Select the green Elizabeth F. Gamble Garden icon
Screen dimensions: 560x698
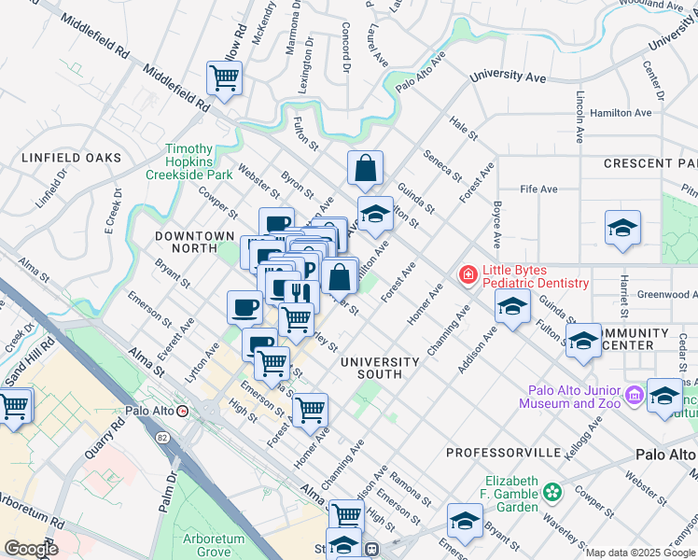pyautogui.click(x=553, y=491)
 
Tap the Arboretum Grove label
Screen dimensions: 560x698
pyautogui.click(x=213, y=545)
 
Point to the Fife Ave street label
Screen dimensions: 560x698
pyautogui.click(x=538, y=189)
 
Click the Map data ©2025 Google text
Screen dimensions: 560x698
pyautogui.click(x=640, y=553)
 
